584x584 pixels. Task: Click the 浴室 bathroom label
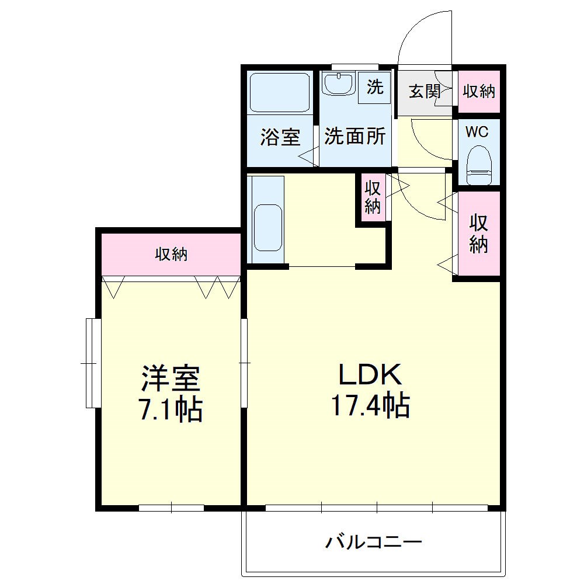(x=280, y=138)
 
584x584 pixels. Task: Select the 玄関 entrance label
(x=423, y=91)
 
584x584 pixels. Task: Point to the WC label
(x=477, y=131)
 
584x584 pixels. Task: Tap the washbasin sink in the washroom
(x=338, y=85)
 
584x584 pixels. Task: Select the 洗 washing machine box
(x=374, y=88)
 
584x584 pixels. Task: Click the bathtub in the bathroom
(x=279, y=92)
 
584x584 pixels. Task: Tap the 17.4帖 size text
(x=370, y=405)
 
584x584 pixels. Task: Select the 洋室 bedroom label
(x=171, y=379)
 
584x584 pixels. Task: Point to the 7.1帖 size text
(x=171, y=409)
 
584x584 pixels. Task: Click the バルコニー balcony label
(x=373, y=543)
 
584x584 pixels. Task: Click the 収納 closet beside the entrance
(x=479, y=91)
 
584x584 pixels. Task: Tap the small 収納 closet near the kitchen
(x=372, y=197)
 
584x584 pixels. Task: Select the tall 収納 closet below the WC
(x=478, y=234)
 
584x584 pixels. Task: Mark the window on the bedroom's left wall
(x=90, y=363)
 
